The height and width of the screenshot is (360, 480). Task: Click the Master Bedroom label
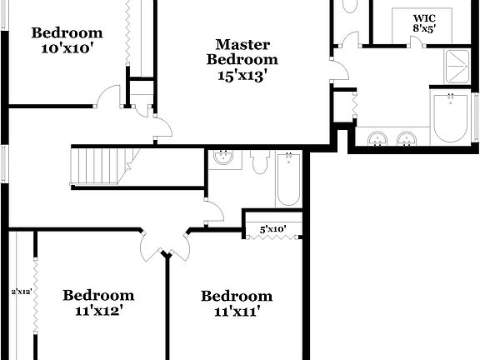(242, 52)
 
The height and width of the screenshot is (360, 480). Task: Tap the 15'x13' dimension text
(242, 74)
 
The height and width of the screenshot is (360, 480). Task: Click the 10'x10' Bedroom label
(67, 33)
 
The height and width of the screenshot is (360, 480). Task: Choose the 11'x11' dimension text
(237, 312)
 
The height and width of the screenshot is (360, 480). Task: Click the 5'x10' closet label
(272, 228)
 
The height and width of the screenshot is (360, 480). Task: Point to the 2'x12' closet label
(21, 291)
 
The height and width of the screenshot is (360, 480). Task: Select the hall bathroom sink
(223, 157)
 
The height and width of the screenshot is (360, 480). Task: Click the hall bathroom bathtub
(288, 178)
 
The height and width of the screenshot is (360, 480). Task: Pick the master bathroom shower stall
(457, 66)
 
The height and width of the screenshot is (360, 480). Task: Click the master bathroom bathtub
(453, 118)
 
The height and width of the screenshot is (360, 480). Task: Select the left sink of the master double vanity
(377, 137)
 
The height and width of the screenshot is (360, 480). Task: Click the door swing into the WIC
(418, 41)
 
